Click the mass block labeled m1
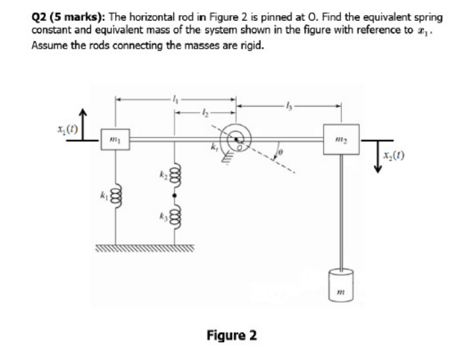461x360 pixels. pyautogui.click(x=114, y=139)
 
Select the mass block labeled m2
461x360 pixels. pyautogui.click(x=340, y=139)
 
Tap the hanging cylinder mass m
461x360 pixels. pyautogui.click(x=340, y=281)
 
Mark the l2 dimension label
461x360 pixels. pyautogui.click(x=203, y=110)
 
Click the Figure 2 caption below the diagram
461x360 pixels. pyautogui.click(x=232, y=335)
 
